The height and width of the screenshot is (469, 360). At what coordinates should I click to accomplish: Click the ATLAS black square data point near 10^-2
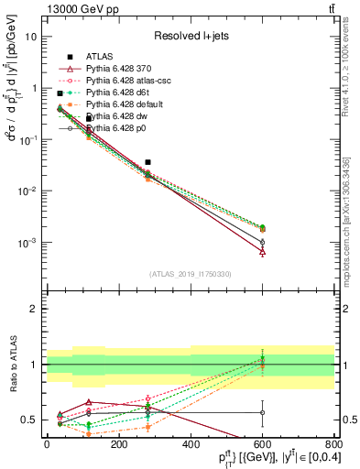point(147,162)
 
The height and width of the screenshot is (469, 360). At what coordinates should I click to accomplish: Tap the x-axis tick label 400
point(191,444)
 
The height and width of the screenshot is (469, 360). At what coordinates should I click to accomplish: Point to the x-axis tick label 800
point(334,444)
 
